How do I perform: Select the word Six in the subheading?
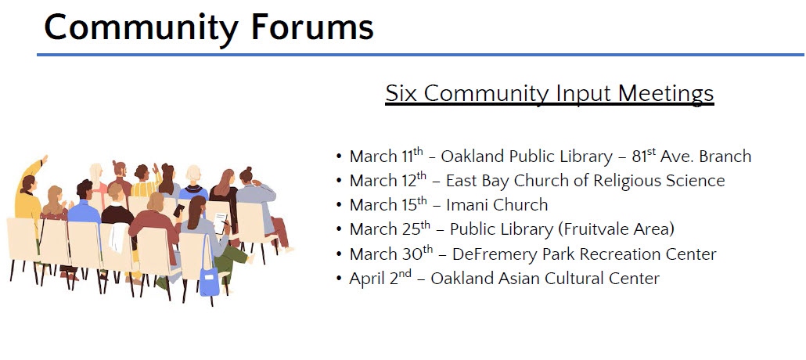(402, 93)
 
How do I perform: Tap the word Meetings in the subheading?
(666, 95)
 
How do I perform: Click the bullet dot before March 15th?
(339, 205)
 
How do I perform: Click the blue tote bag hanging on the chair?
(209, 281)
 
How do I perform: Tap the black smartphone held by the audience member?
(179, 211)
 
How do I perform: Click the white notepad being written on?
(220, 223)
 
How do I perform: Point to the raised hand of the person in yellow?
(45, 160)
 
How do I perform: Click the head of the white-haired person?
(193, 175)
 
